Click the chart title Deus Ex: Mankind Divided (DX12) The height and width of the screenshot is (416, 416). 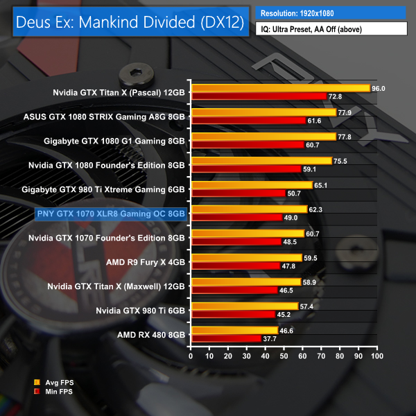(126, 21)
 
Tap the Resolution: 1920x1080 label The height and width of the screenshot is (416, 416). (299, 13)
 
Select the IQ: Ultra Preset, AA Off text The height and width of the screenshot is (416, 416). (311, 29)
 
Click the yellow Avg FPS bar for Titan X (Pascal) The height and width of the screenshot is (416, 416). (280, 88)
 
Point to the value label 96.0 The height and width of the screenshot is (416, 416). (379, 88)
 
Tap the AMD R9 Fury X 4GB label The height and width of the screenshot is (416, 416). (146, 261)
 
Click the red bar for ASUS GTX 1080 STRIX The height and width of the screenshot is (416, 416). (248, 120)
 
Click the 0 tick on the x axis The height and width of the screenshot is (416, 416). (191, 356)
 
